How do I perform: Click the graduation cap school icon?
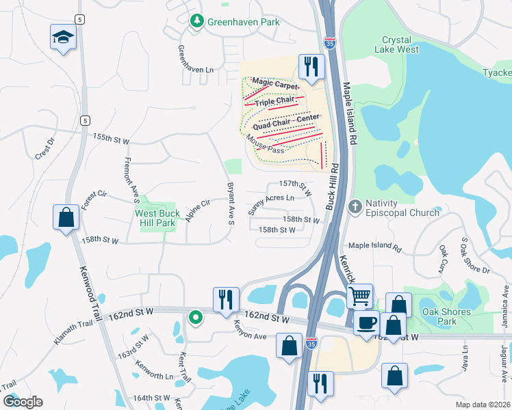pyautogui.click(x=63, y=37)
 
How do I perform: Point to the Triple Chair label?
pyautogui.click(x=274, y=102)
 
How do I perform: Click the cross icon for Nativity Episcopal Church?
pyautogui.click(x=355, y=206)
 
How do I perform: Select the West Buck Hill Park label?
pyautogui.click(x=158, y=219)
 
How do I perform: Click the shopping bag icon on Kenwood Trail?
pyautogui.click(x=66, y=218)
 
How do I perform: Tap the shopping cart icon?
pyautogui.click(x=359, y=297)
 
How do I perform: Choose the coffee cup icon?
pyautogui.click(x=366, y=322)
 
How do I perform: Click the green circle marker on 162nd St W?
pyautogui.click(x=195, y=316)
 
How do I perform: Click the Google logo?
pyautogui.click(x=23, y=402)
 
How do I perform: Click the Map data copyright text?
pyautogui.click(x=482, y=405)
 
